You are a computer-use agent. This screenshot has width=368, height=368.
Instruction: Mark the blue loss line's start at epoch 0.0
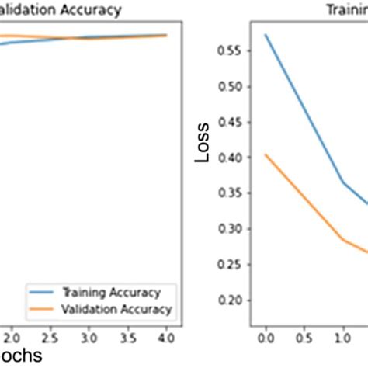(266, 35)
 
